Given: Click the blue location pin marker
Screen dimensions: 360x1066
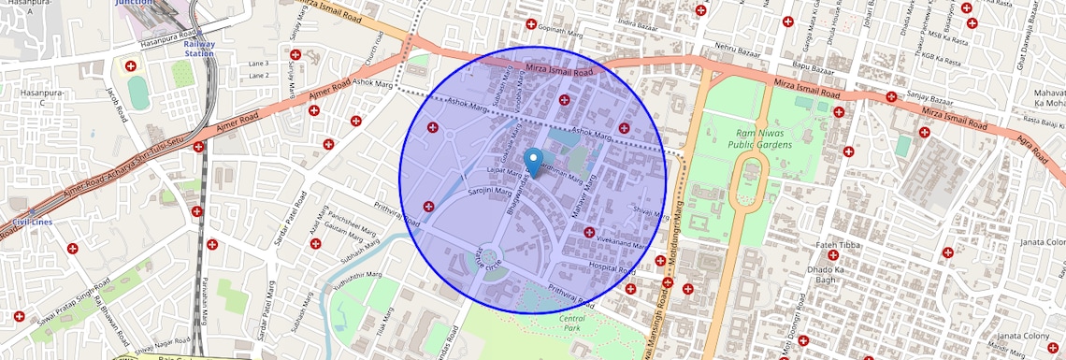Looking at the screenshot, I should pyautogui.click(x=533, y=163).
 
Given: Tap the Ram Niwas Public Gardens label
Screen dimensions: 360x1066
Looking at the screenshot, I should pyautogui.click(x=760, y=138).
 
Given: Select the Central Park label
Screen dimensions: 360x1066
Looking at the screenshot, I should pyautogui.click(x=572, y=324).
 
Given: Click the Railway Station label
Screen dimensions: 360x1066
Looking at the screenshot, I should pyautogui.click(x=198, y=49).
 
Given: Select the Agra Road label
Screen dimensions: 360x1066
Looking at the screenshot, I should pyautogui.click(x=1031, y=149).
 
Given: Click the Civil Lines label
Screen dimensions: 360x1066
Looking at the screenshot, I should pyautogui.click(x=32, y=222).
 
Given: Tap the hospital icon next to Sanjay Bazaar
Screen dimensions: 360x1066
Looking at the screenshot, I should pyautogui.click(x=891, y=95).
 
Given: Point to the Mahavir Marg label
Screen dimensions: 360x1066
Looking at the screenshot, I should pyautogui.click(x=583, y=204).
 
